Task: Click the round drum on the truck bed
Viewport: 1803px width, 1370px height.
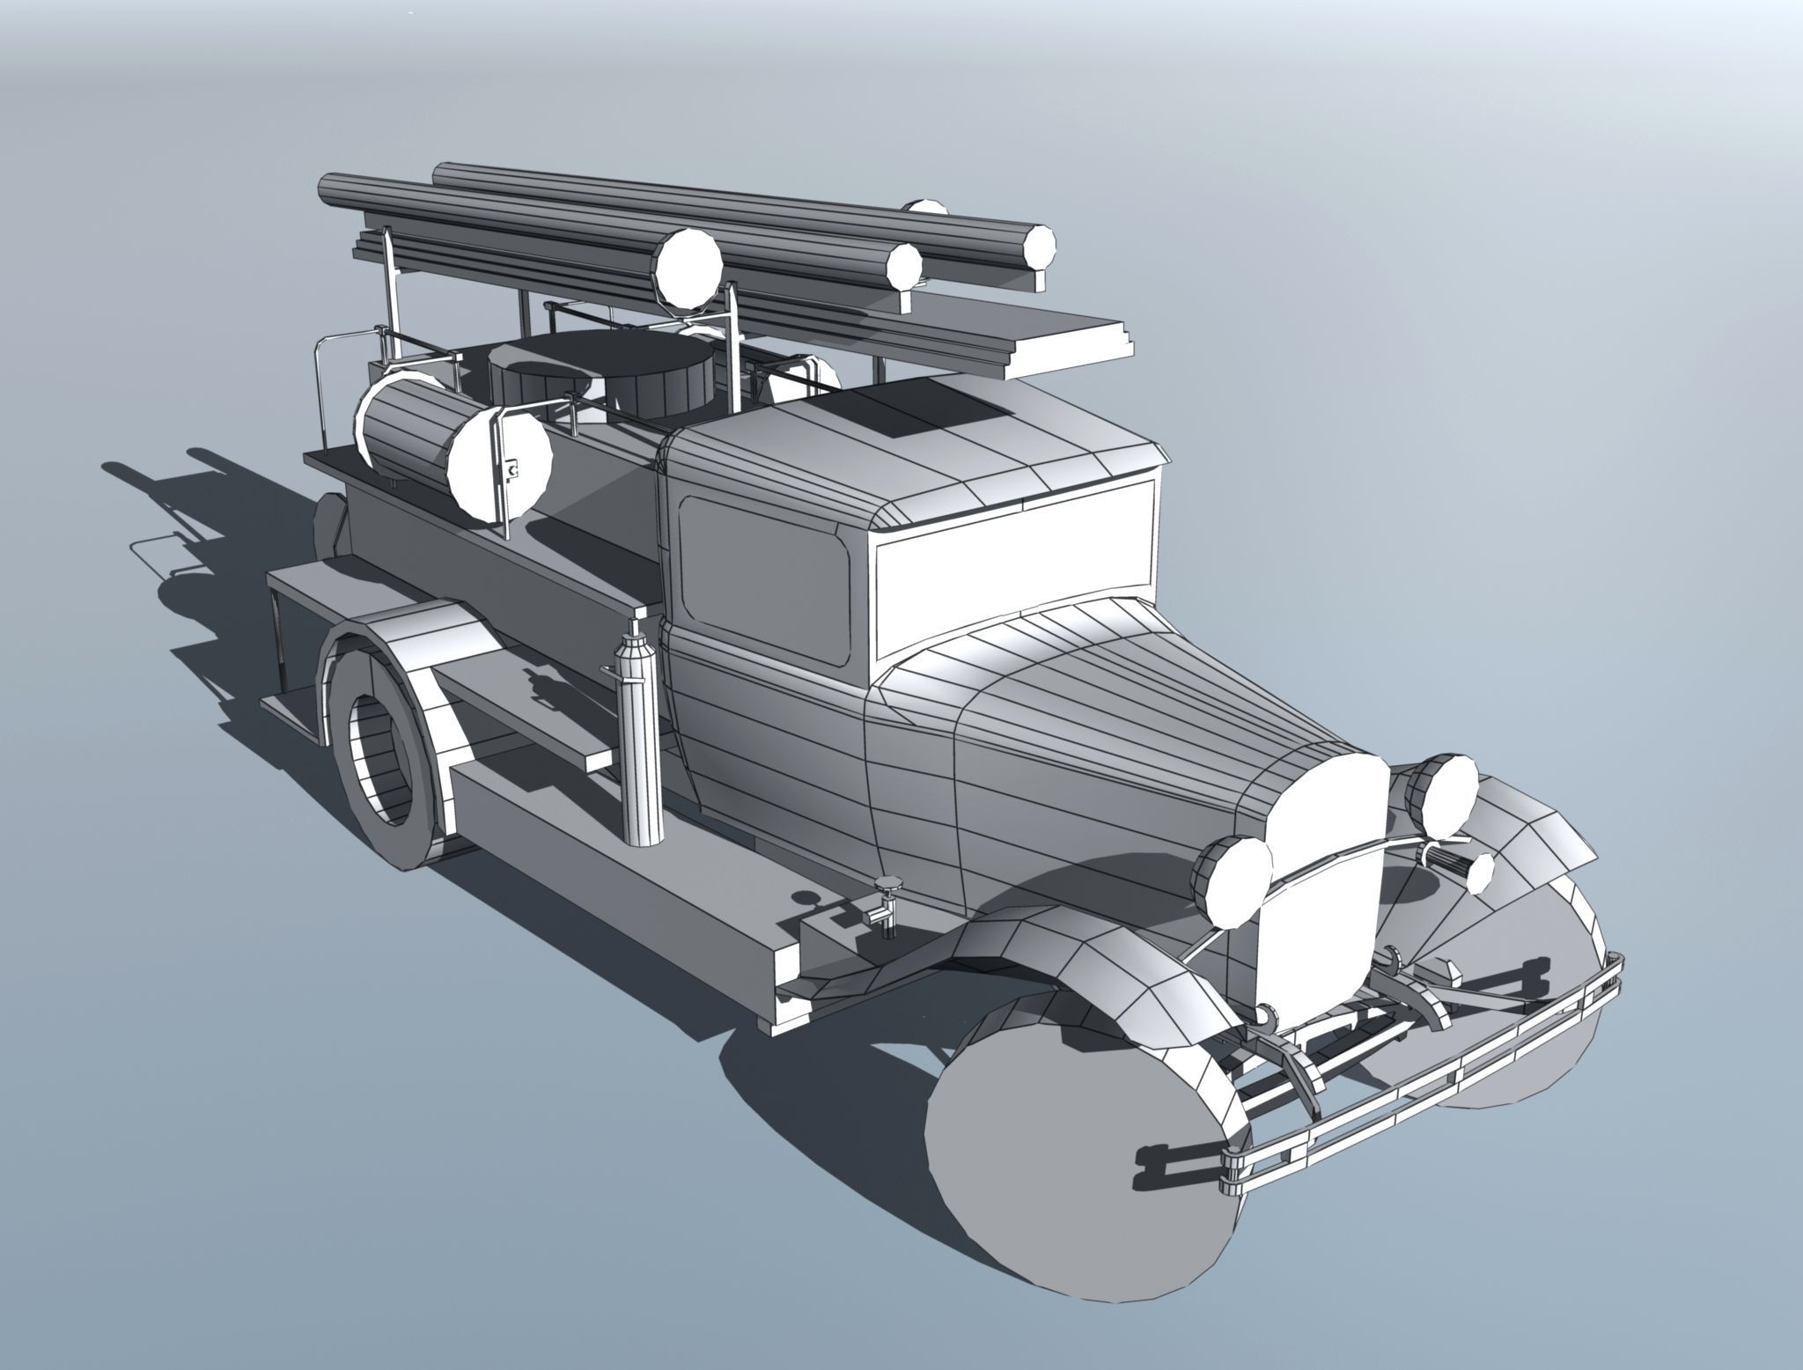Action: pyautogui.click(x=599, y=379)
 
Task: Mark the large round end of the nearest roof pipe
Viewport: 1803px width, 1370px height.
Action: pyautogui.click(x=688, y=269)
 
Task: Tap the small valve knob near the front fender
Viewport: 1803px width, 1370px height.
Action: pyautogui.click(x=887, y=885)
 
